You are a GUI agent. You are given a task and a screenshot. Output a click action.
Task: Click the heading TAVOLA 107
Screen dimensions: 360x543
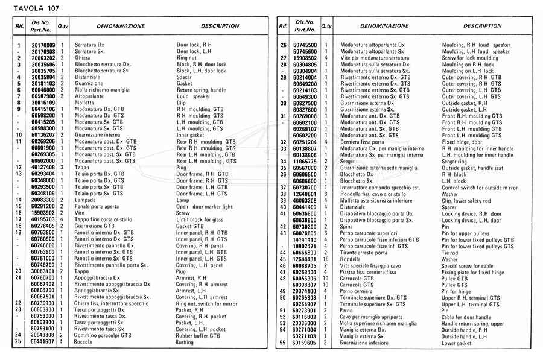(x=30, y=8)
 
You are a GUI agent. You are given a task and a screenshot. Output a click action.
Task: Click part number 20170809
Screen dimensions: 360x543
(x=43, y=46)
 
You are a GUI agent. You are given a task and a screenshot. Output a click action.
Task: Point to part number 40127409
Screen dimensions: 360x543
(x=43, y=167)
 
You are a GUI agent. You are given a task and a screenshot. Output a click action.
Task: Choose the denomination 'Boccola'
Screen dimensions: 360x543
(x=84, y=342)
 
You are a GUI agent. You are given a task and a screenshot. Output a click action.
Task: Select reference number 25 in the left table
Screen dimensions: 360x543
(x=19, y=342)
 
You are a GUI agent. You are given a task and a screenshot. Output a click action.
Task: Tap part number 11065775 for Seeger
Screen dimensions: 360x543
(x=305, y=162)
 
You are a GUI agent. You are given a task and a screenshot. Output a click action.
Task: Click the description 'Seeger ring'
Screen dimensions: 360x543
(x=457, y=162)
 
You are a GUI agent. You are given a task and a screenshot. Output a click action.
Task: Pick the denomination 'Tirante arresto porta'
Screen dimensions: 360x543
(x=365, y=252)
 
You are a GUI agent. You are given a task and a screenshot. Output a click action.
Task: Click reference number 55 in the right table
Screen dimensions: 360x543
(x=283, y=343)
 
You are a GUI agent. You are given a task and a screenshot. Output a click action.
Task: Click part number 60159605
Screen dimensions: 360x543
(x=305, y=343)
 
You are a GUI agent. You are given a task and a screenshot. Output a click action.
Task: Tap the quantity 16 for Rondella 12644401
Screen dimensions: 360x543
(x=326, y=259)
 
